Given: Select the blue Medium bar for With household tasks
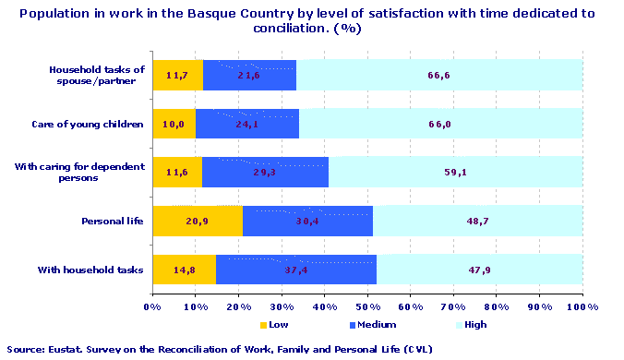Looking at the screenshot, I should coord(296,270).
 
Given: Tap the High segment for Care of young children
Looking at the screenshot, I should coord(440,124).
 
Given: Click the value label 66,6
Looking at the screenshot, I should coord(439,76).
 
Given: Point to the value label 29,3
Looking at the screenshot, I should coord(265,173).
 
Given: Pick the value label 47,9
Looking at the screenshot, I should coord(478,270).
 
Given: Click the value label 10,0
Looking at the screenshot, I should coord(174,124).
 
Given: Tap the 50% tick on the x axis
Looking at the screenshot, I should coord(367,305).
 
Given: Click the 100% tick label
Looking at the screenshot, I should coord(582,305).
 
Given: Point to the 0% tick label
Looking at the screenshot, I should coord(152,305).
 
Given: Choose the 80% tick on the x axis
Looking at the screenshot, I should coord(497,305).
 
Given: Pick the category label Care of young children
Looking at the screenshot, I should coord(89,124).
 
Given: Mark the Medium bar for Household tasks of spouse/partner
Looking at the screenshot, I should coord(249,76).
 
